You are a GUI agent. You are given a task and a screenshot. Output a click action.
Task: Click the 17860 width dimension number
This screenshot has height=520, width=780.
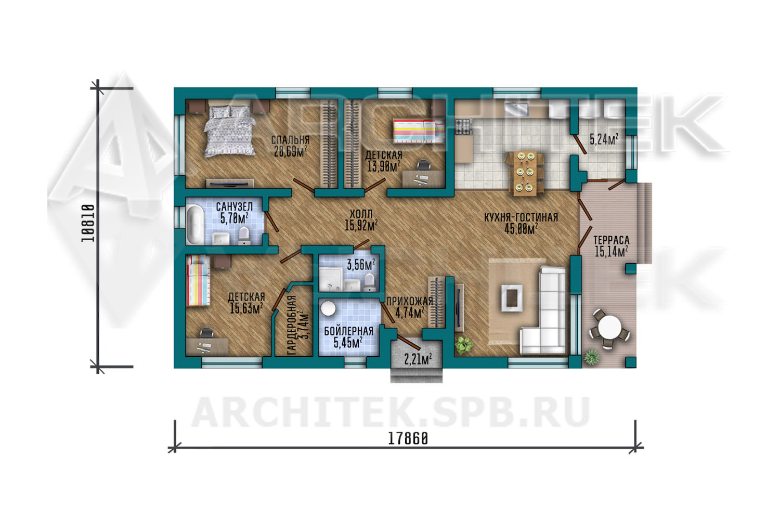408,439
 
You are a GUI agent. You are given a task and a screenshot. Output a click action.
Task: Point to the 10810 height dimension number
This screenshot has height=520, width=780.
88,223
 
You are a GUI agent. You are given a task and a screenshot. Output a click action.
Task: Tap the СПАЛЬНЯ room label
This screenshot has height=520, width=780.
290,140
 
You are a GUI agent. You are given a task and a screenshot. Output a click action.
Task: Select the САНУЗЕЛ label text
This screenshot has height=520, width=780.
235,206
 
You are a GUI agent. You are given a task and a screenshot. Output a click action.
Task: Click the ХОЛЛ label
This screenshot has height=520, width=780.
361,214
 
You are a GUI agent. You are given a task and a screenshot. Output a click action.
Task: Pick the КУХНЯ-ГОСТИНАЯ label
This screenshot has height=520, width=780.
521,218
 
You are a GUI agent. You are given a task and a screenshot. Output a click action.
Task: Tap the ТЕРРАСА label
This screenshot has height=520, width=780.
612,240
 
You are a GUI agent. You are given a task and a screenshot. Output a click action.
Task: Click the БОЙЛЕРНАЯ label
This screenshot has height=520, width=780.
348,331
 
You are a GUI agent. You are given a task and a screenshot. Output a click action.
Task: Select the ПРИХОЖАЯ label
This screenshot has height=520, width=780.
410,301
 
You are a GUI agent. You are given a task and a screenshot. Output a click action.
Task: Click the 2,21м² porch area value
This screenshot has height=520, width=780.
418,359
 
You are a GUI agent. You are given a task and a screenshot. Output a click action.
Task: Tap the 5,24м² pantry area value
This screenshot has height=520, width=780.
603,139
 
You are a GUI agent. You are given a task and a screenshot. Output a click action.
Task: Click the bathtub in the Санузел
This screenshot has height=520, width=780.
195,225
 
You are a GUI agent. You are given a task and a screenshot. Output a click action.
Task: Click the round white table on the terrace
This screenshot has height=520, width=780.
609,328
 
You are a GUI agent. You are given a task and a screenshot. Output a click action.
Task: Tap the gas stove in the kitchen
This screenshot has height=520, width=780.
463,127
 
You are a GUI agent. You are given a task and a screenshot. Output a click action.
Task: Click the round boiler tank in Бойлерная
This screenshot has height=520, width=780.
328,308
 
